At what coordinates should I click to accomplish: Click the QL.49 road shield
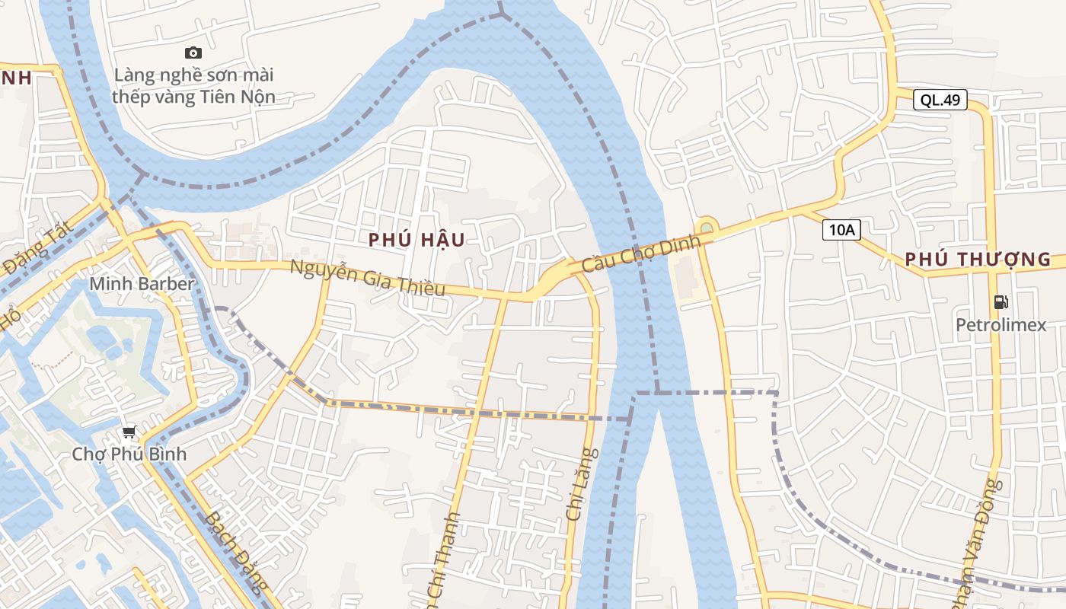(x=940, y=100)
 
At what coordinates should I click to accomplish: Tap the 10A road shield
(x=841, y=230)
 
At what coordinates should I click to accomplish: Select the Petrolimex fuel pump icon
(x=1001, y=302)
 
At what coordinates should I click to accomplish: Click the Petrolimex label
(x=1001, y=326)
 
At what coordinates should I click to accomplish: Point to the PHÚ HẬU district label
(x=417, y=240)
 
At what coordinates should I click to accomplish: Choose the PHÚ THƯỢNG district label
(x=978, y=260)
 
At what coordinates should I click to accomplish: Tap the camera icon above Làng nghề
(x=193, y=53)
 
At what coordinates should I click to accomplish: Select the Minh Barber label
(x=142, y=284)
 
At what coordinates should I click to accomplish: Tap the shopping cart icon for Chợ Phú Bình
(x=129, y=432)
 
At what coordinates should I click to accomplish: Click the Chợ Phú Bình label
(x=129, y=454)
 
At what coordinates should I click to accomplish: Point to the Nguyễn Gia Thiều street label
(x=367, y=279)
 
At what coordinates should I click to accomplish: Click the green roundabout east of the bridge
(x=707, y=227)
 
